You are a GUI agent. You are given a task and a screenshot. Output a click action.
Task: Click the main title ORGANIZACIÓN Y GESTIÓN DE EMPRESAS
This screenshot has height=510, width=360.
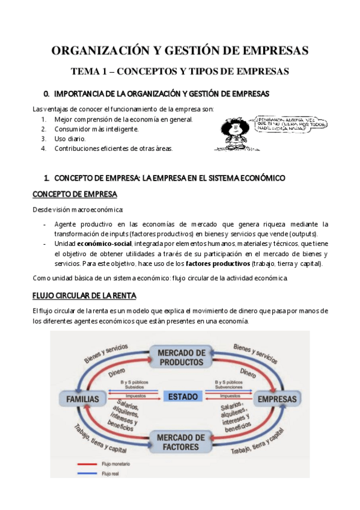(180, 50)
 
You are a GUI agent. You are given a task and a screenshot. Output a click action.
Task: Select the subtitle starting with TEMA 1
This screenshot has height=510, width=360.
(180, 71)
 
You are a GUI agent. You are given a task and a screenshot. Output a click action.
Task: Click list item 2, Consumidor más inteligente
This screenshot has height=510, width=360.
(96, 129)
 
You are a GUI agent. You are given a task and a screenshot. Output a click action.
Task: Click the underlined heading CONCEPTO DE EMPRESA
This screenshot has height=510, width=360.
(75, 194)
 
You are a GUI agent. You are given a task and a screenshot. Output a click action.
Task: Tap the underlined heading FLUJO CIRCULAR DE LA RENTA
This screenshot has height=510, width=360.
(84, 295)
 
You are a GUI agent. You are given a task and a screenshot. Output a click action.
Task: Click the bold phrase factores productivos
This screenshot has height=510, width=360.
(218, 263)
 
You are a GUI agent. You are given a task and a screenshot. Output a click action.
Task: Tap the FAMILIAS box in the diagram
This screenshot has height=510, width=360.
(82, 399)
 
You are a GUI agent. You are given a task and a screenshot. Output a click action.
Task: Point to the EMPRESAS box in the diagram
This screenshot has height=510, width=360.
(277, 399)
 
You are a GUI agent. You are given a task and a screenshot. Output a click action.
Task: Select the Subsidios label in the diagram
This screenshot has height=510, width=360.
(131, 388)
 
